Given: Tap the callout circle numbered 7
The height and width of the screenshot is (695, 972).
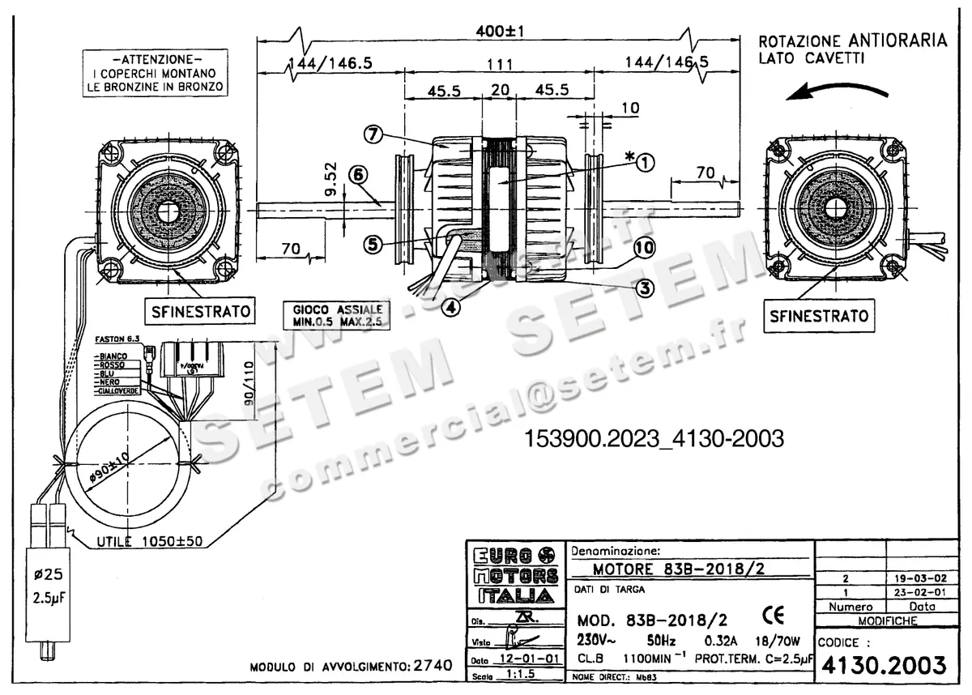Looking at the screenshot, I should tap(373, 135).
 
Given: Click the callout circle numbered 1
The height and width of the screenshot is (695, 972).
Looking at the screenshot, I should tap(645, 163).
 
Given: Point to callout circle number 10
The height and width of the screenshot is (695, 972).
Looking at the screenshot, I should tap(644, 248).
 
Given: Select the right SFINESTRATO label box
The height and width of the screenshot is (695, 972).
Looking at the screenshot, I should tap(818, 315).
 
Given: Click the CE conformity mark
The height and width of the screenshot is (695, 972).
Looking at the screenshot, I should tap(773, 616).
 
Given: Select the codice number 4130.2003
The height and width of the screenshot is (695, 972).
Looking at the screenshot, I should tap(884, 665).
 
